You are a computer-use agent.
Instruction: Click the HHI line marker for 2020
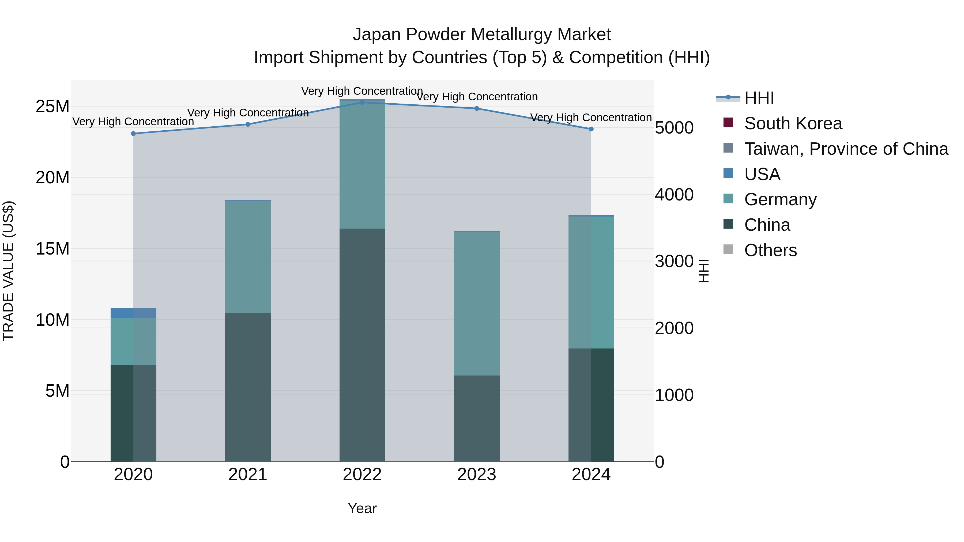(133, 134)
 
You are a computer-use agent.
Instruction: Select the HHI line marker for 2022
(362, 102)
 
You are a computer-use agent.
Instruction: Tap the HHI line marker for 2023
(476, 108)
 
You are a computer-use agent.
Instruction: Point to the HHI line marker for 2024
(591, 129)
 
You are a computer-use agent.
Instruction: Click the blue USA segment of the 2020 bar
(133, 313)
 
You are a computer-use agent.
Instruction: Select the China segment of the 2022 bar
(362, 344)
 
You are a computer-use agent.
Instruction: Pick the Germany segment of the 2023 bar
(476, 303)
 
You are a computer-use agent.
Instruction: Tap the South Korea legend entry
(793, 123)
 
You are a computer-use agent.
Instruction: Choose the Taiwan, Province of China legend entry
(846, 149)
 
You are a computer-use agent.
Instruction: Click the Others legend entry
(770, 250)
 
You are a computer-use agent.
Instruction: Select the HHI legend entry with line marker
(759, 98)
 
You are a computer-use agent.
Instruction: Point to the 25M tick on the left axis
(52, 107)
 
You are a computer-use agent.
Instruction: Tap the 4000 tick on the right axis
(674, 195)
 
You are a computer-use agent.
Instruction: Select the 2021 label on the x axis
(247, 475)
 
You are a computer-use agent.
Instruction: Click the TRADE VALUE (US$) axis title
(8, 271)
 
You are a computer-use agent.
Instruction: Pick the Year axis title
(362, 508)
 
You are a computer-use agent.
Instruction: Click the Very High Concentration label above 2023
(476, 97)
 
